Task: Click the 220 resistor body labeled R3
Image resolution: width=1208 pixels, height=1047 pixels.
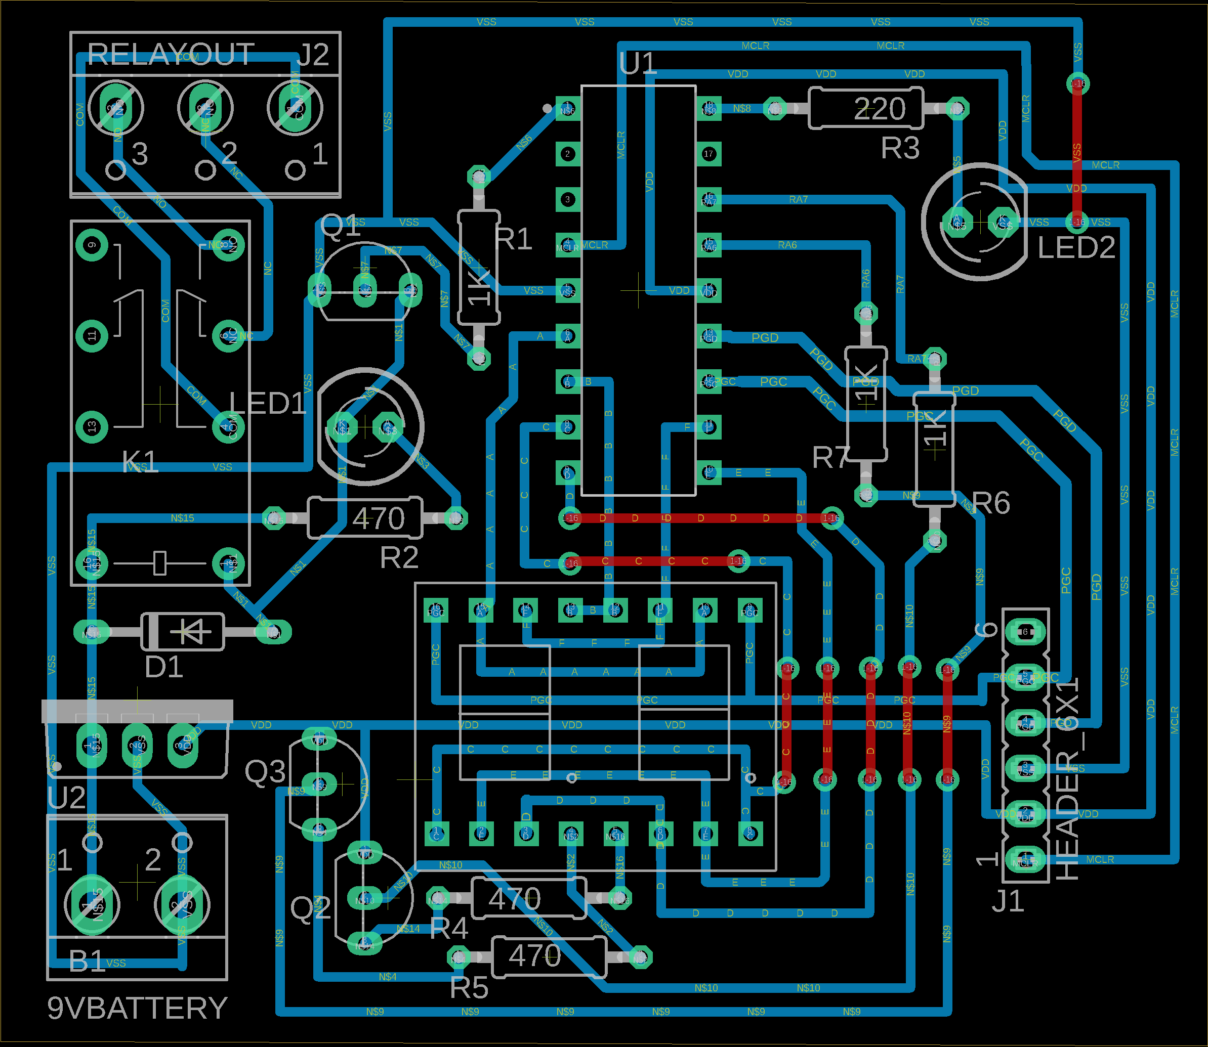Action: pos(865,109)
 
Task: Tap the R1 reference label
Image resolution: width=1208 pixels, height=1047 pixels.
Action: pos(514,239)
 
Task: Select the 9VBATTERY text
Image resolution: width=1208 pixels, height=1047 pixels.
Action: pos(137,1008)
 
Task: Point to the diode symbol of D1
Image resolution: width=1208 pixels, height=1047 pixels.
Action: pos(182,631)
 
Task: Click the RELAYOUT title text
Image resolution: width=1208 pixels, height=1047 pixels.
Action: pos(171,55)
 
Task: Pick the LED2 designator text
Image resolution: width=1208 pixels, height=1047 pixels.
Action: pos(1076,248)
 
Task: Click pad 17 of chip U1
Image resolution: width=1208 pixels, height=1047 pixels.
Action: pos(709,154)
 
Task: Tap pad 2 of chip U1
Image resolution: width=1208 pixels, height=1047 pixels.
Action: pos(567,154)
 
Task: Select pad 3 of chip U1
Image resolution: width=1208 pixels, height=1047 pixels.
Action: pos(567,199)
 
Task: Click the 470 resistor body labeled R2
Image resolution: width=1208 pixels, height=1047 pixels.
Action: pos(365,517)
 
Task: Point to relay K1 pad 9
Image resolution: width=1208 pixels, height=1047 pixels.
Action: pos(92,245)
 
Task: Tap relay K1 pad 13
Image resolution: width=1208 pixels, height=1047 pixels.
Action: pos(92,427)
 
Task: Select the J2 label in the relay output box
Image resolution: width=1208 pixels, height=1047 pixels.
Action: pos(313,56)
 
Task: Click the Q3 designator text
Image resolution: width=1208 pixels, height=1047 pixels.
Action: pos(265,772)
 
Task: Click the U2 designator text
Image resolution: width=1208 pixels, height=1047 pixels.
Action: pos(67,798)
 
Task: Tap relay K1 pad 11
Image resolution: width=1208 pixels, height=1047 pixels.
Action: pos(92,336)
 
